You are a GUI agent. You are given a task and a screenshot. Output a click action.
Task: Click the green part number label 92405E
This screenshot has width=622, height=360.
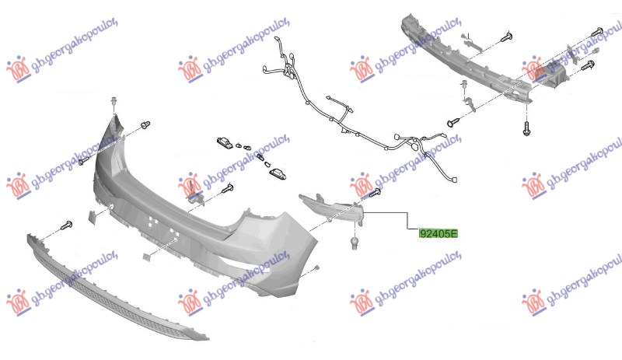439,234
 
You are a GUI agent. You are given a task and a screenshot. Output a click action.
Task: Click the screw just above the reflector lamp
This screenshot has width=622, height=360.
374,194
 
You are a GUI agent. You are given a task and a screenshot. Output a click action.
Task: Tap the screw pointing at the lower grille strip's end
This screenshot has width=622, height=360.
66,225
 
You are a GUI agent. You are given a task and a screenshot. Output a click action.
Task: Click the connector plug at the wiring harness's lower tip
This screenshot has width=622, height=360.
454,180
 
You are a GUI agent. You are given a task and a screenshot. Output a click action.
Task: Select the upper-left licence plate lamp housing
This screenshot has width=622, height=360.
225,142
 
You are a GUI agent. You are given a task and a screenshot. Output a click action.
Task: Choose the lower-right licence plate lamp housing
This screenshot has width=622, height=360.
278,173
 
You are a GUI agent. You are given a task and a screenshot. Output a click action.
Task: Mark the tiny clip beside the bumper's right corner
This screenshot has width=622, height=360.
316,268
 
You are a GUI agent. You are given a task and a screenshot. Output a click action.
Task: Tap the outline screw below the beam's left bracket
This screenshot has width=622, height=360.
453,122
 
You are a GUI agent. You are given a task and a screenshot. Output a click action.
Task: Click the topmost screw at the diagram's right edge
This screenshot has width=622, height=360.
597,32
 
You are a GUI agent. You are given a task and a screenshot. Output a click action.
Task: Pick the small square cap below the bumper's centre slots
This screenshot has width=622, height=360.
147,257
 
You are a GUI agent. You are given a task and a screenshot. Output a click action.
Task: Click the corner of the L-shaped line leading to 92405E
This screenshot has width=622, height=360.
407,212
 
